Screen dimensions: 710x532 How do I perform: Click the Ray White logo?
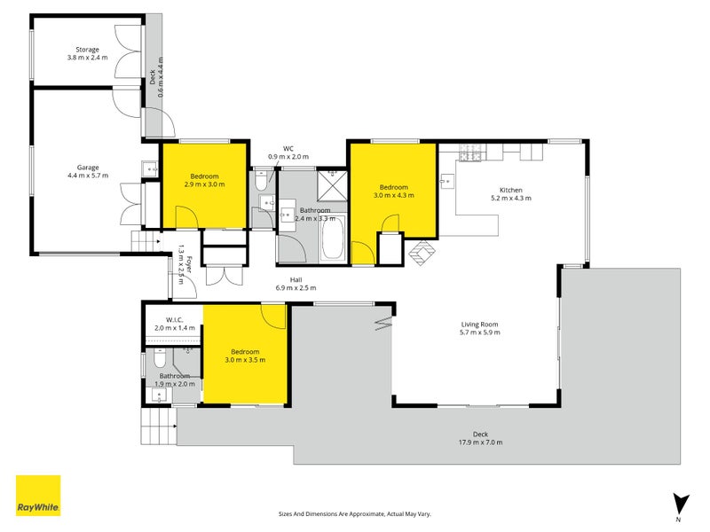coord(38,496)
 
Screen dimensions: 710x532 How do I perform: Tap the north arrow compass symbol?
coord(680,505)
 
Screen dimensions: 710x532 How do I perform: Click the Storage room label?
coord(87,50)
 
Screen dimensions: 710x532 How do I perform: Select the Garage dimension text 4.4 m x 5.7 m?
coord(88,176)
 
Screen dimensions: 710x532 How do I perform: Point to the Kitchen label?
coord(511,190)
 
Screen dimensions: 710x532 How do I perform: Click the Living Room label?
coord(479,324)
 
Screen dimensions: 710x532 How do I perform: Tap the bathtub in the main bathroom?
coord(332,239)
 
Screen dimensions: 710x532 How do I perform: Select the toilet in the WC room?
coord(261,180)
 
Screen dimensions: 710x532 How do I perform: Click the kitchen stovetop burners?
coord(471,153)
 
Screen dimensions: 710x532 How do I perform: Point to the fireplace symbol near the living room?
coord(422,253)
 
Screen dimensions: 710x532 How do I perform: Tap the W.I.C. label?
coord(174,320)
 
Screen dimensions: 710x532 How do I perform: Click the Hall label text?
coord(296,280)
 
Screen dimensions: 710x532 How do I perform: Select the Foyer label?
coord(189,264)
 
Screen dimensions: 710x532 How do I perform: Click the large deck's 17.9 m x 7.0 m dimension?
coord(480,442)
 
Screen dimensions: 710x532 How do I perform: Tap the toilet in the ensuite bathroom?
coord(160,358)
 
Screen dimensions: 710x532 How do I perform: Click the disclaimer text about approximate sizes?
coord(354,514)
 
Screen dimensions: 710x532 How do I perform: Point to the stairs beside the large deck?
coord(158,426)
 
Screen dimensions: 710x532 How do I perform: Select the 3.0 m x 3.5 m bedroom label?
coord(245,356)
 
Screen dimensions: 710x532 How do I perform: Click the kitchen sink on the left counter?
coord(446,182)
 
